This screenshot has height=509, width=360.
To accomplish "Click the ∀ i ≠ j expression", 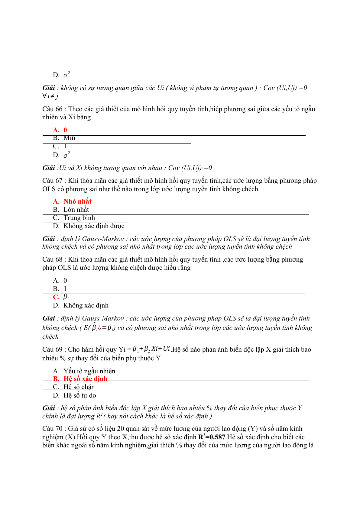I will (x=50, y=96).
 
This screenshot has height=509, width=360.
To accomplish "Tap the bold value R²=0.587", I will (x=212, y=437).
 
